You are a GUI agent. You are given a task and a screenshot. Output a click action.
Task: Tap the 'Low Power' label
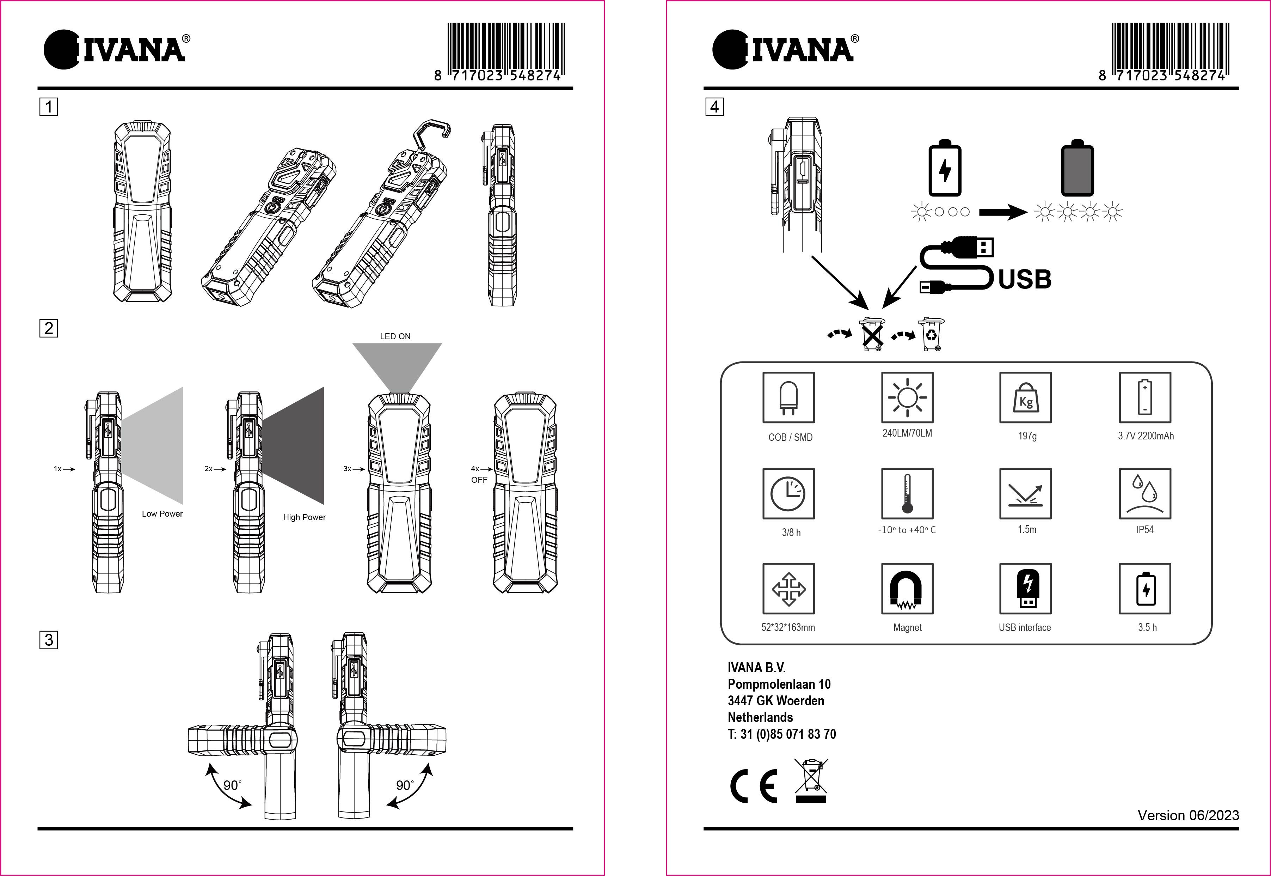162,514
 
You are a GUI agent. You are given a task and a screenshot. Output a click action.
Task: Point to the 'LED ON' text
395,336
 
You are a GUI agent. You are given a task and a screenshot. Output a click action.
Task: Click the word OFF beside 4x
479,480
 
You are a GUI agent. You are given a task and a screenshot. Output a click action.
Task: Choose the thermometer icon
907,493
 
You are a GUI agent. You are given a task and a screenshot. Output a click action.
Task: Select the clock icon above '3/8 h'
788,493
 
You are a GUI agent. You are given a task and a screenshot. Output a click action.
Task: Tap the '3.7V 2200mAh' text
1146,436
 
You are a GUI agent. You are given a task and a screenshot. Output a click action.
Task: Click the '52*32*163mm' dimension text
788,627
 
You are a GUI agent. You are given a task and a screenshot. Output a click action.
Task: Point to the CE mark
754,786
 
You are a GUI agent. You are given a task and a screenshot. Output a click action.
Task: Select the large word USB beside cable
1024,279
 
